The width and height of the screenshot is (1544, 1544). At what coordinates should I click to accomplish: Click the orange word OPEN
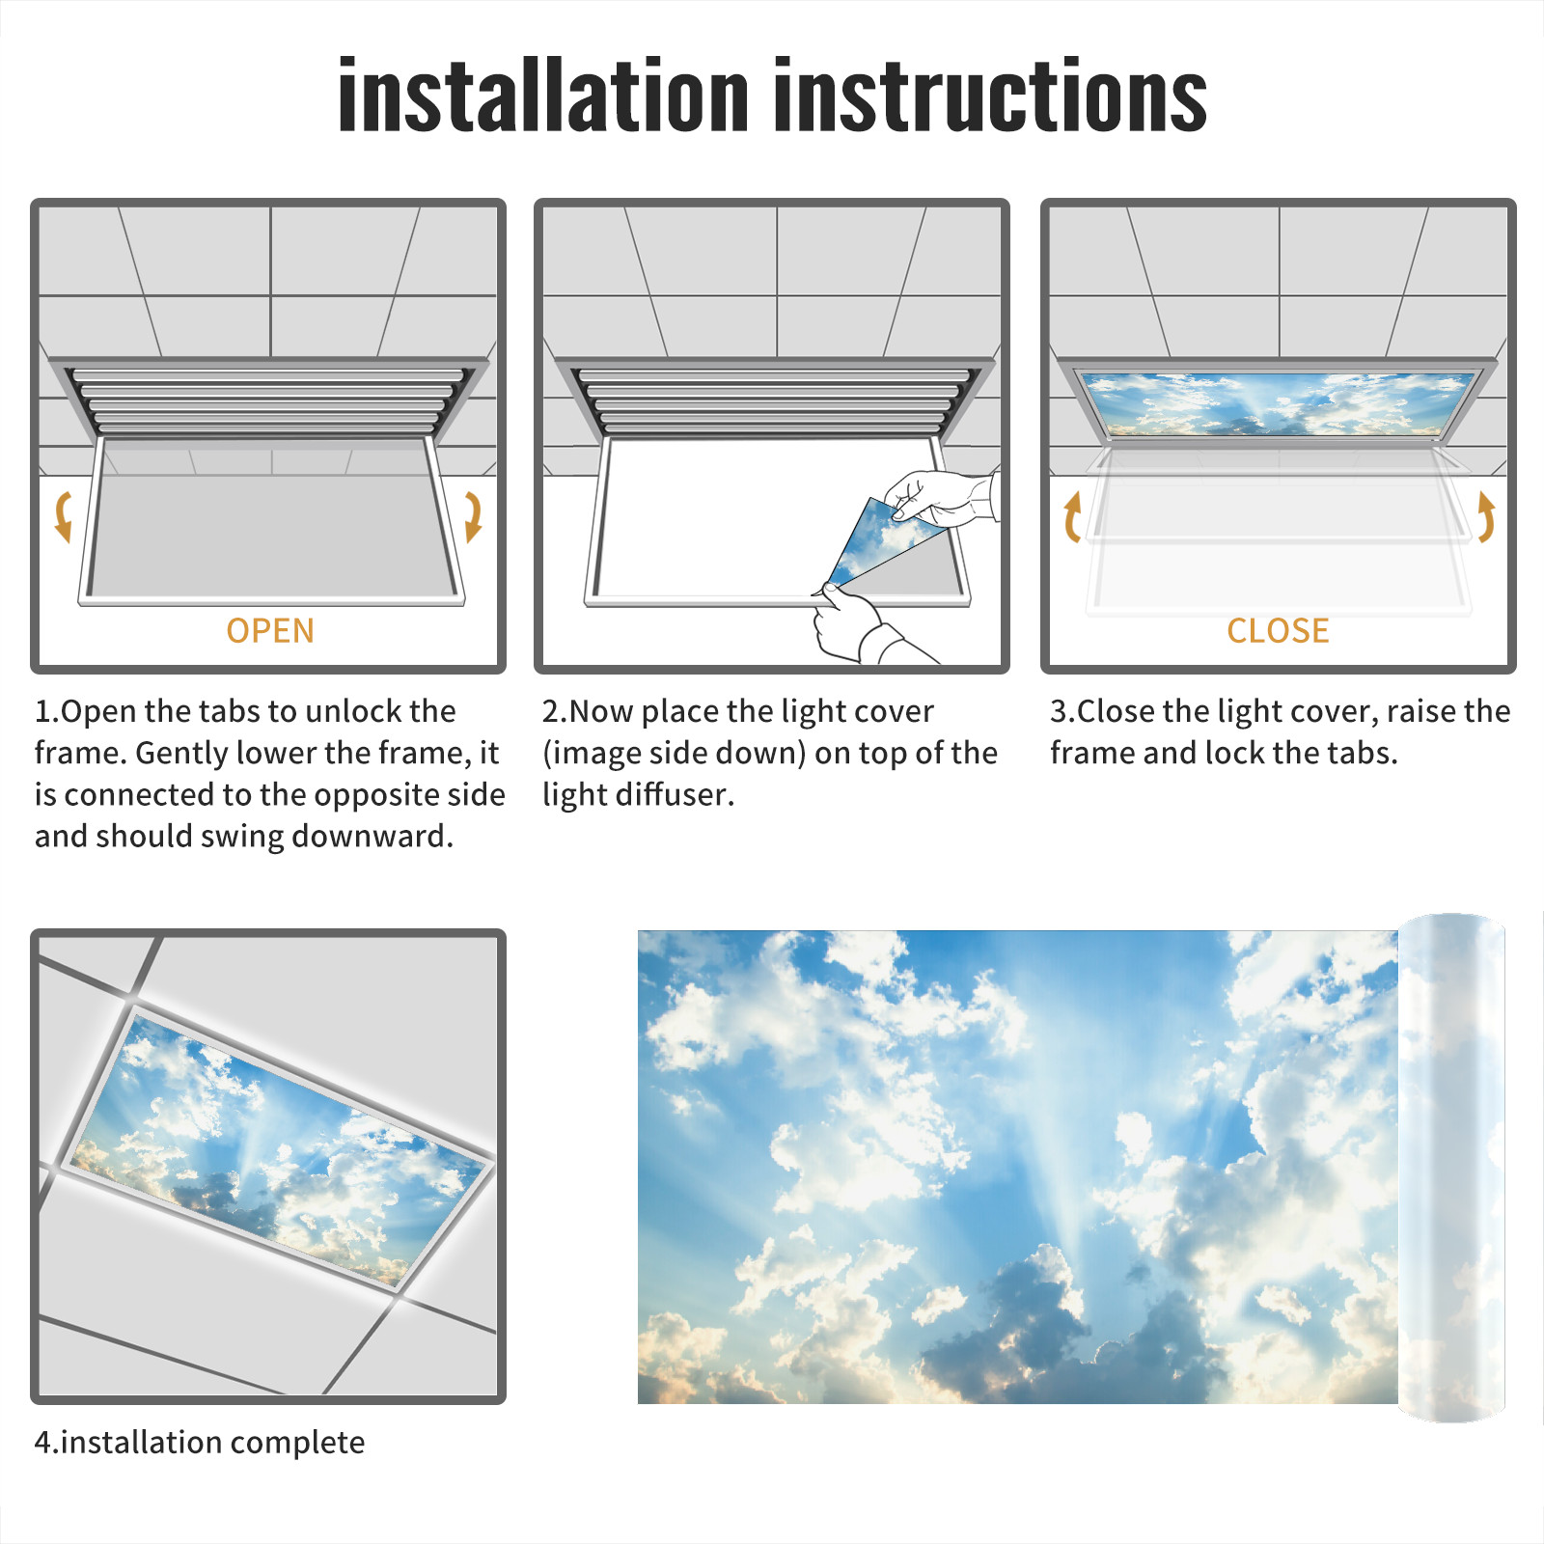pyautogui.click(x=270, y=631)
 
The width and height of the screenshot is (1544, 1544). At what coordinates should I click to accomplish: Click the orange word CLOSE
pyautogui.click(x=1278, y=631)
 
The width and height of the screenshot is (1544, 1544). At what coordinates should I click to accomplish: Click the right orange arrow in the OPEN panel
pyautogui.click(x=474, y=516)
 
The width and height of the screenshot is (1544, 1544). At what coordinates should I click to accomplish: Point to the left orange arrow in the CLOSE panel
pyautogui.click(x=1071, y=517)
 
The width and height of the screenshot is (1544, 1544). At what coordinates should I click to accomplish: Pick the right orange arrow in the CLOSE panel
pyautogui.click(x=1487, y=517)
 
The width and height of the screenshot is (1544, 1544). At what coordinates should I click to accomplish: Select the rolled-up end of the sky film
pyautogui.click(x=1451, y=1168)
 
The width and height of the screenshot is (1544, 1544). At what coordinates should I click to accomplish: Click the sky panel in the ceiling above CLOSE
pyautogui.click(x=1278, y=403)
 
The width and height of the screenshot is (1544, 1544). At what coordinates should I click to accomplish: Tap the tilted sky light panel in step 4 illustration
pyautogui.click(x=278, y=1148)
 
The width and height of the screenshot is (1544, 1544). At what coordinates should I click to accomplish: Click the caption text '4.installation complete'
pyautogui.click(x=200, y=1443)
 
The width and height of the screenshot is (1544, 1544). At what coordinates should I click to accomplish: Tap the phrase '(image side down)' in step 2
pyautogui.click(x=674, y=753)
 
